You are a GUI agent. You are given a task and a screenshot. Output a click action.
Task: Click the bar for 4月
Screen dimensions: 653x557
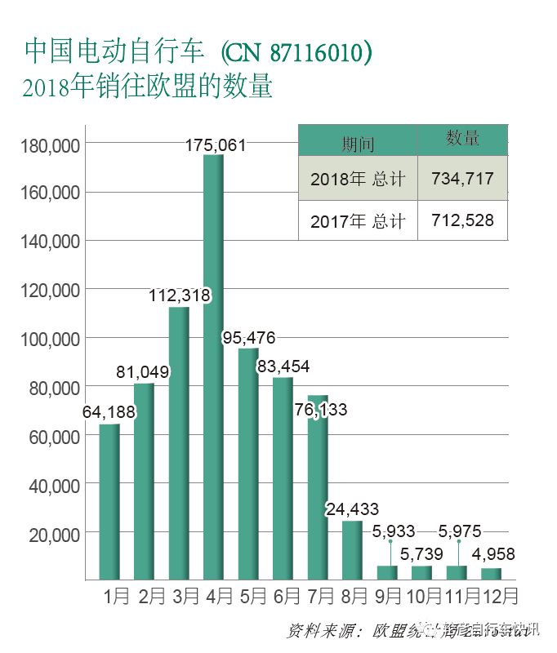(213, 367)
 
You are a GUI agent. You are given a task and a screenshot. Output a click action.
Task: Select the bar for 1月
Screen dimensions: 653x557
(109, 501)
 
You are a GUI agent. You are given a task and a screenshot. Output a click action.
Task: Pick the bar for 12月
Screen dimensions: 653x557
(492, 573)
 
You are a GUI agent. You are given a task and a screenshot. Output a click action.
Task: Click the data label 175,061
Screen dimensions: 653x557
(216, 145)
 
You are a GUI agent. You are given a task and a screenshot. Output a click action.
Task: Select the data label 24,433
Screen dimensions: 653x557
(352, 510)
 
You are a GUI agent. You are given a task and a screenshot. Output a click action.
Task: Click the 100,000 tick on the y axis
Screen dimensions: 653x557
(48, 339)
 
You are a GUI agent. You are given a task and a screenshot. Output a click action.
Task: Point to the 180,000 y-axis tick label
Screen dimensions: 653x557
(48, 145)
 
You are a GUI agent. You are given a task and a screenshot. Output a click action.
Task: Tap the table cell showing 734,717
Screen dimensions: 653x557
(461, 178)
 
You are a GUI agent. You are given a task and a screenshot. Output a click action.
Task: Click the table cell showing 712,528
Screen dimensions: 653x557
(461, 220)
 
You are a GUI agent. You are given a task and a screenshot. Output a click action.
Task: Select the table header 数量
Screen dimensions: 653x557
(462, 139)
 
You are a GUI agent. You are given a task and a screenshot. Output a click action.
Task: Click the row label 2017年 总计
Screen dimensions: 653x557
(358, 221)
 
